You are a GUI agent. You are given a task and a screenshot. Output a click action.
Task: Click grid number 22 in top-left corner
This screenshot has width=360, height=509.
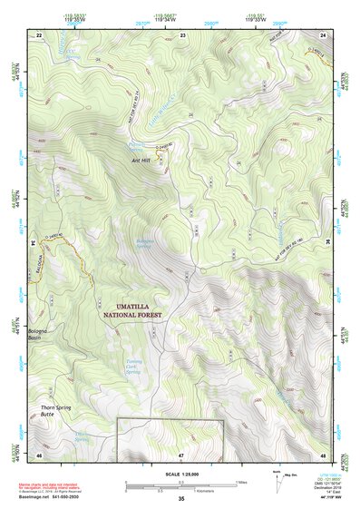point(39,34)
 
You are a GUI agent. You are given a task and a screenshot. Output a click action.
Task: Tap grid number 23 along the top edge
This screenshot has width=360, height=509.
point(182,34)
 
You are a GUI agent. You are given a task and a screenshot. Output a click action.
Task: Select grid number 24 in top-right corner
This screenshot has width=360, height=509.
point(323,34)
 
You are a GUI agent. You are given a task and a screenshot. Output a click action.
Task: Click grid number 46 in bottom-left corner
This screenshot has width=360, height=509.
point(39,454)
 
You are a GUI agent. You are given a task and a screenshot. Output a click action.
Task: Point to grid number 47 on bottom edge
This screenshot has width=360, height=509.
point(180,454)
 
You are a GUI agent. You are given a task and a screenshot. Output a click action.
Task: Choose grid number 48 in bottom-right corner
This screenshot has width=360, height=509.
point(323,454)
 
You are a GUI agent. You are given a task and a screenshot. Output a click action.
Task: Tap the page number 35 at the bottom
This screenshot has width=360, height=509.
point(180,498)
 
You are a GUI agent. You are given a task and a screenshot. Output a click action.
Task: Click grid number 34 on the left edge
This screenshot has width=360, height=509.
point(33,243)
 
